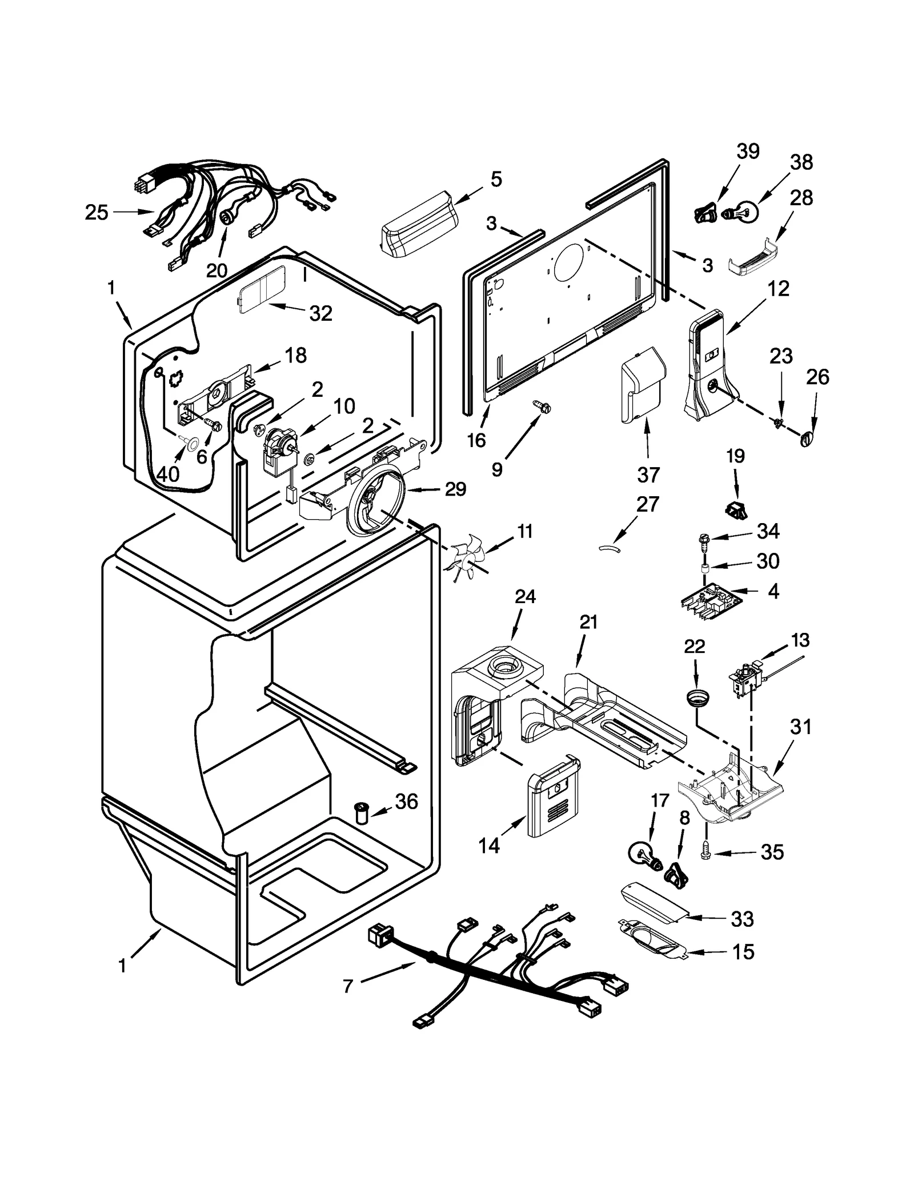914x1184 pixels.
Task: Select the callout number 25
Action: (x=96, y=213)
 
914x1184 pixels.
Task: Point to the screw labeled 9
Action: (x=542, y=406)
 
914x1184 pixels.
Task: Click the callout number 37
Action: (x=648, y=474)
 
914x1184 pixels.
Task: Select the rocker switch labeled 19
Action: (x=736, y=508)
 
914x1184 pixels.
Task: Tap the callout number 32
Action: (x=320, y=313)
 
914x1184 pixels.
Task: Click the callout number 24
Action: (x=525, y=596)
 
